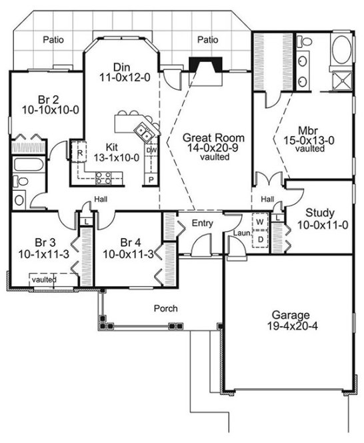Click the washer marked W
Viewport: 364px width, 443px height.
click(259, 221)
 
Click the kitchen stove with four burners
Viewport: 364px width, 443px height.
click(104, 177)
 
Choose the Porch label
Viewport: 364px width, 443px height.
click(165, 309)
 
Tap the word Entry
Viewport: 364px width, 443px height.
click(202, 223)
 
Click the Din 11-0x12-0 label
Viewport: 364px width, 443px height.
click(121, 72)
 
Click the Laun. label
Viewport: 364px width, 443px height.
click(241, 233)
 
